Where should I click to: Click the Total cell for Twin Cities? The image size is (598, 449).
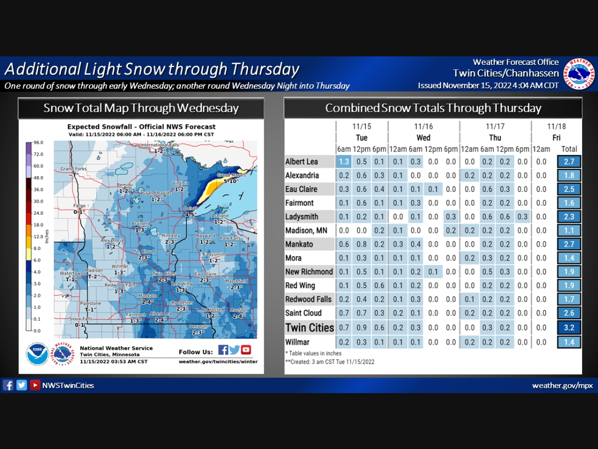click(x=569, y=328)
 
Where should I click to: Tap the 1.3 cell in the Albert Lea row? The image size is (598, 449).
click(x=343, y=162)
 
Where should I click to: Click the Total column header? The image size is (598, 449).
click(x=569, y=149)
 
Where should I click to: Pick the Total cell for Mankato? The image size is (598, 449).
click(x=569, y=244)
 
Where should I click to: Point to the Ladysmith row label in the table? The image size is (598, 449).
click(x=302, y=217)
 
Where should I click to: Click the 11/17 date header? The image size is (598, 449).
click(x=495, y=126)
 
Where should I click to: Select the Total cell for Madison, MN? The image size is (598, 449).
click(x=569, y=230)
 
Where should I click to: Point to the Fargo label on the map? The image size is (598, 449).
click(x=79, y=206)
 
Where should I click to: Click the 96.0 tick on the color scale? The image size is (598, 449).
click(x=38, y=143)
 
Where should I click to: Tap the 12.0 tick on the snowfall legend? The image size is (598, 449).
click(x=38, y=237)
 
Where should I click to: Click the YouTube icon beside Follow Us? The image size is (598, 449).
click(x=246, y=350)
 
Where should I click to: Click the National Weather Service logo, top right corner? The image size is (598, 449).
click(x=579, y=74)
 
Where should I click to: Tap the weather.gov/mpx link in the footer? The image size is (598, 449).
click(x=562, y=386)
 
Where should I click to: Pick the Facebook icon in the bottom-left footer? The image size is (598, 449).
click(x=8, y=385)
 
